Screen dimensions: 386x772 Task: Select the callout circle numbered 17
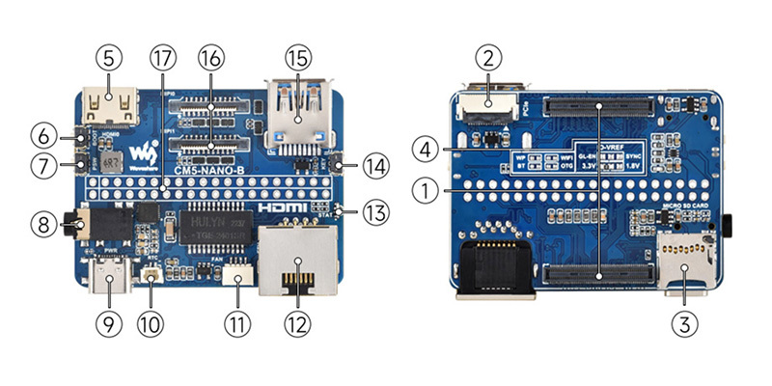pos(162,58)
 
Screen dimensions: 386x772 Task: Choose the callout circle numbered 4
pos(425,150)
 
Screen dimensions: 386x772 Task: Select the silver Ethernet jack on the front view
pos(296,259)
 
